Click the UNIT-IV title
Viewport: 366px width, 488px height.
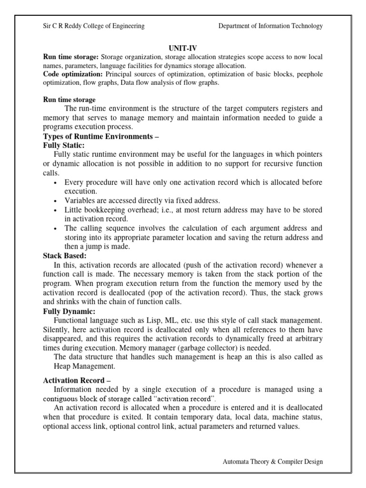(183, 48)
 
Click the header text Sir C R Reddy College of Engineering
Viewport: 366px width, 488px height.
(94, 26)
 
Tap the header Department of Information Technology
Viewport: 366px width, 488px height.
(270, 26)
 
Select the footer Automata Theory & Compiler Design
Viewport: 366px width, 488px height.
(273, 462)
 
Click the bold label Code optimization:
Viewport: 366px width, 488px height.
(73, 74)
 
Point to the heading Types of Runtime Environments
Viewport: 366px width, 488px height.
(100, 137)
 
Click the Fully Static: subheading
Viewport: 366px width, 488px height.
(64, 146)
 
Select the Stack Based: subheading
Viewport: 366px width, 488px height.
(65, 255)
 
